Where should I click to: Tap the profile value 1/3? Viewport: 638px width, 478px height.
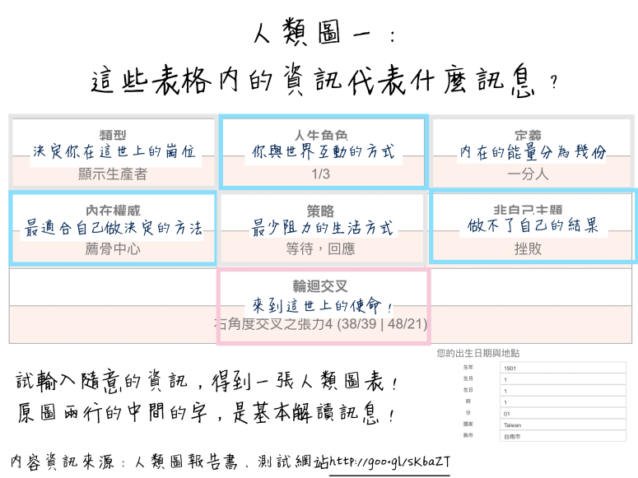[x=324, y=174]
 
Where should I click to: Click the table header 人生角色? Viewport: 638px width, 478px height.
[x=324, y=134]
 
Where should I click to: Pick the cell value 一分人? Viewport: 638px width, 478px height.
[x=531, y=174]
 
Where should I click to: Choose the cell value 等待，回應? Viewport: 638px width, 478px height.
[x=324, y=248]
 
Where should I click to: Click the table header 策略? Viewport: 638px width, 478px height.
[x=324, y=211]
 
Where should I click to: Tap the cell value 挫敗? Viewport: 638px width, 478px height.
[x=531, y=248]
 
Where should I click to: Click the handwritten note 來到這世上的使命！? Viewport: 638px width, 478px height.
[x=324, y=305]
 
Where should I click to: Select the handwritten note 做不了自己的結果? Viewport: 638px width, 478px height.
[x=531, y=225]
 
